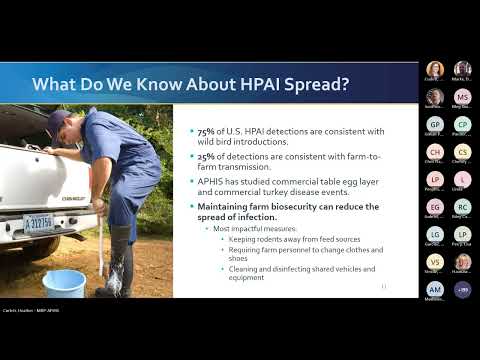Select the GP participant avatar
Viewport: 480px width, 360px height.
click(434, 124)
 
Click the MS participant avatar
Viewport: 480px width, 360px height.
click(462, 97)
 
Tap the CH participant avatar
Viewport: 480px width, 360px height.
click(434, 152)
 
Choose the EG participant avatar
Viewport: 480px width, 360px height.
click(434, 207)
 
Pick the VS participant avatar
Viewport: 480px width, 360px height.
click(434, 262)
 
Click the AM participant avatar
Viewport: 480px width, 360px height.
click(434, 289)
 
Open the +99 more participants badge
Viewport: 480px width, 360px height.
click(462, 289)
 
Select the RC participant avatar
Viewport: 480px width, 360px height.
click(462, 207)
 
